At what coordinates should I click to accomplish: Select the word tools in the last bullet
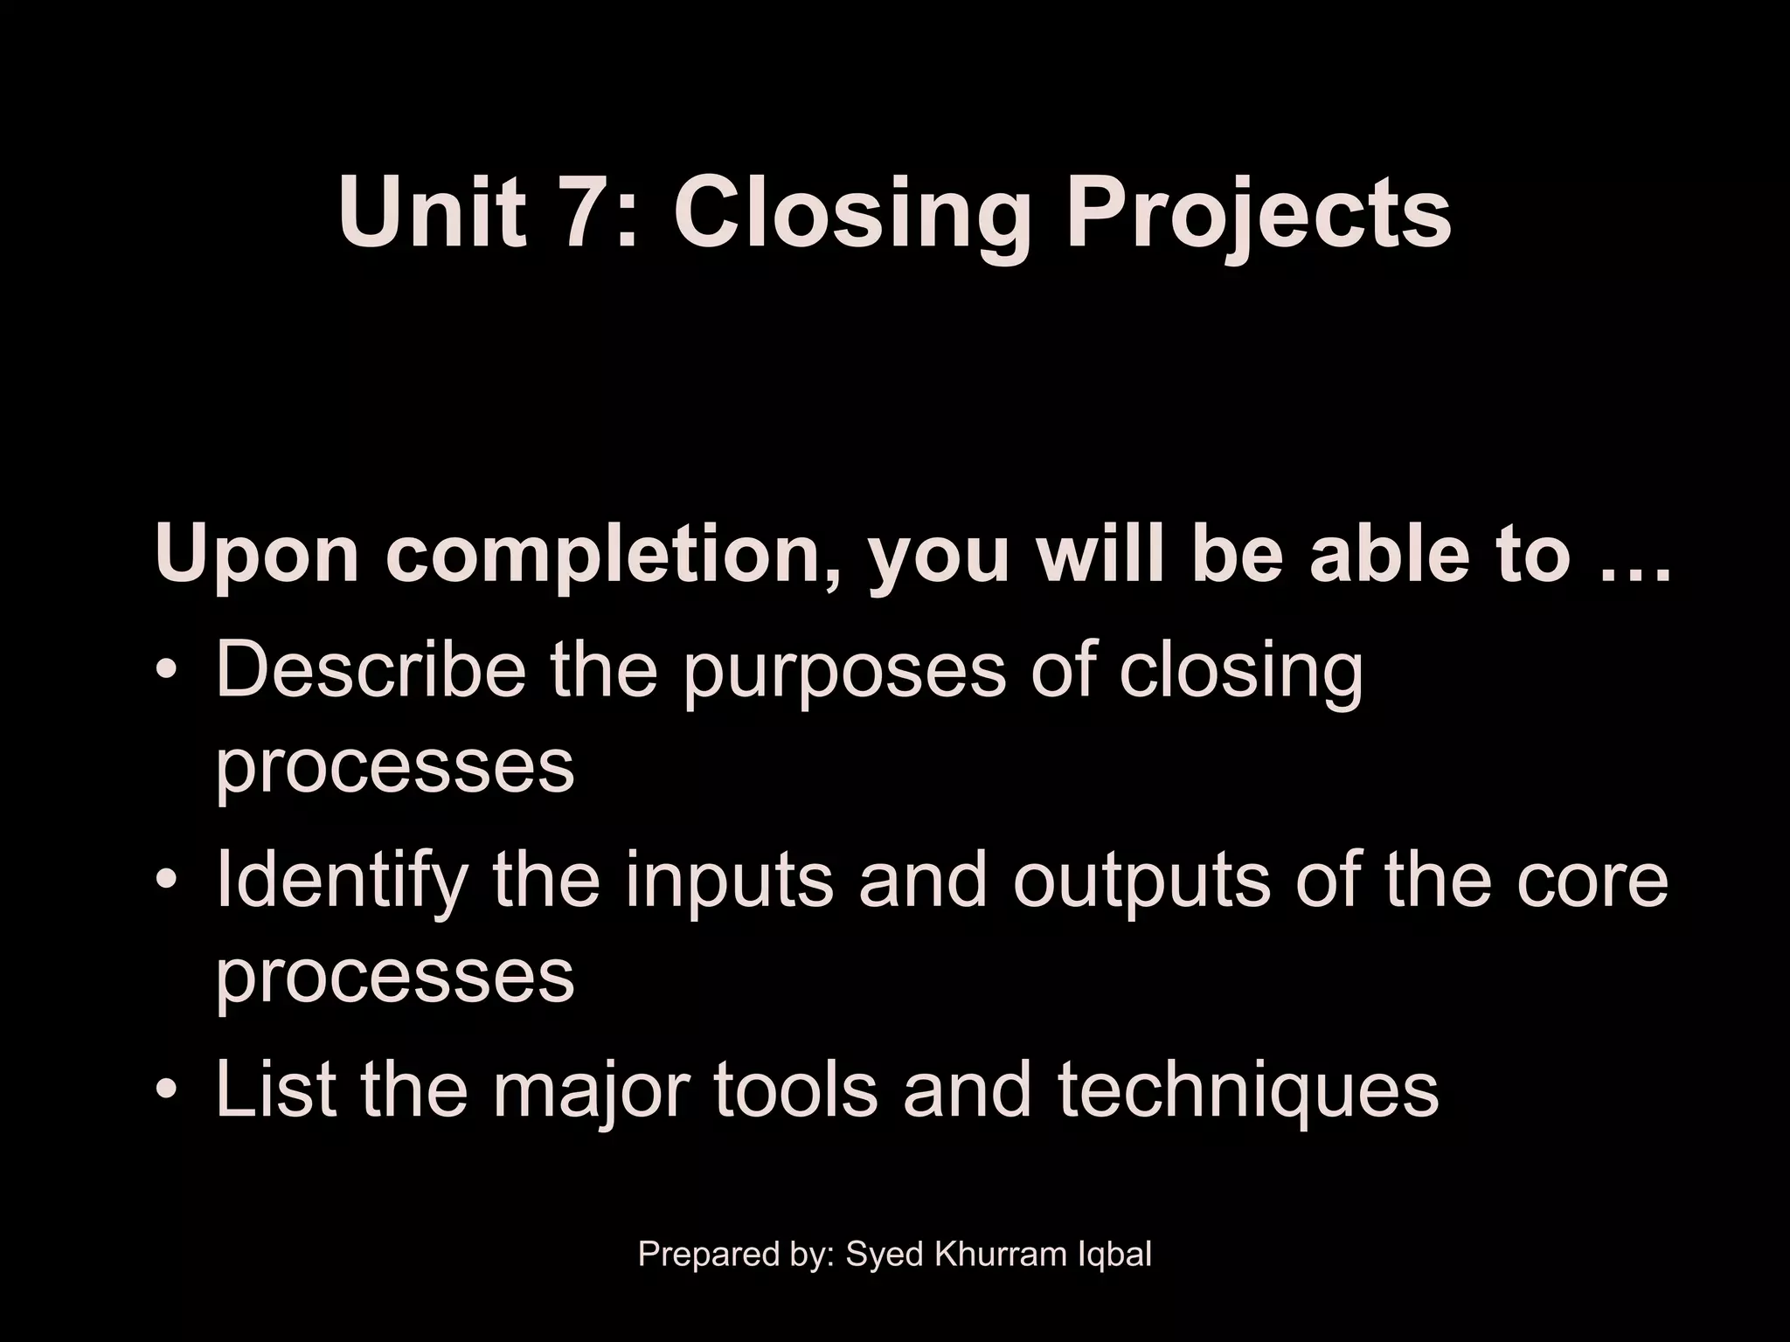click(795, 1090)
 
